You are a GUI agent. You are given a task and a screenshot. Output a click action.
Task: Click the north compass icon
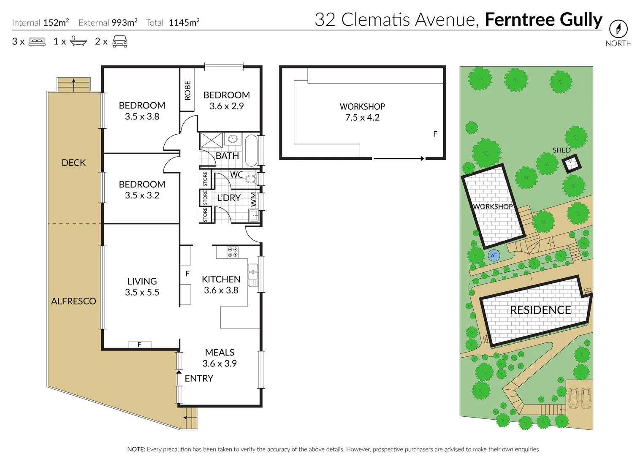pyautogui.click(x=618, y=29)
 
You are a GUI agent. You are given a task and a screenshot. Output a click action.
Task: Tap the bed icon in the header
pyautogui.click(x=37, y=42)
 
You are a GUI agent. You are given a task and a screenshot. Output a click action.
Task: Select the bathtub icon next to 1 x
pyautogui.click(x=78, y=41)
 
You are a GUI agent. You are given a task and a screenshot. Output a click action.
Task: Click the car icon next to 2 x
pyautogui.click(x=120, y=41)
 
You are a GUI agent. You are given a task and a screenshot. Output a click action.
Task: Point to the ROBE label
pyautogui.click(x=187, y=90)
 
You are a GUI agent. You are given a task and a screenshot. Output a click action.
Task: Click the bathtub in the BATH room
pyautogui.click(x=251, y=150)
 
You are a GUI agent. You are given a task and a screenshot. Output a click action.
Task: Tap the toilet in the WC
pyautogui.click(x=251, y=179)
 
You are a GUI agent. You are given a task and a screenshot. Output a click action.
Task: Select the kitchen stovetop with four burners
pyautogui.click(x=233, y=252)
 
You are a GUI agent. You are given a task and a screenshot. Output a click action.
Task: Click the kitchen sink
pyautogui.click(x=253, y=274)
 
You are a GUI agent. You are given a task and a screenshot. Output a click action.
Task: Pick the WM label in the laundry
pyautogui.click(x=253, y=199)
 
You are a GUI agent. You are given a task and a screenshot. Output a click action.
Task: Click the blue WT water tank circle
pyautogui.click(x=494, y=255)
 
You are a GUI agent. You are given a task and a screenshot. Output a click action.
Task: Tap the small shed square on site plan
pyautogui.click(x=571, y=163)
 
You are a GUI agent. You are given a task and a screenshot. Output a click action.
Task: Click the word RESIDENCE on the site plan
pyautogui.click(x=540, y=310)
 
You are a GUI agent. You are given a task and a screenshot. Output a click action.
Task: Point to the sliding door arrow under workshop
pyautogui.click(x=399, y=159)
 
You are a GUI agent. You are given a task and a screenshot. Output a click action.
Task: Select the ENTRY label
pyautogui.click(x=199, y=378)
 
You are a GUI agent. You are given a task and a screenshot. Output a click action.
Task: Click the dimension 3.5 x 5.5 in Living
pyautogui.click(x=142, y=292)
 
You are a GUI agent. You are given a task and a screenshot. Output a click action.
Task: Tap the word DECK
pyautogui.click(x=73, y=163)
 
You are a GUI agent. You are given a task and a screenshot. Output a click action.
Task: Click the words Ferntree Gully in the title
pyautogui.click(x=543, y=19)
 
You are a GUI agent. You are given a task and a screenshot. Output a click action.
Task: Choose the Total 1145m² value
pyautogui.click(x=184, y=23)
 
